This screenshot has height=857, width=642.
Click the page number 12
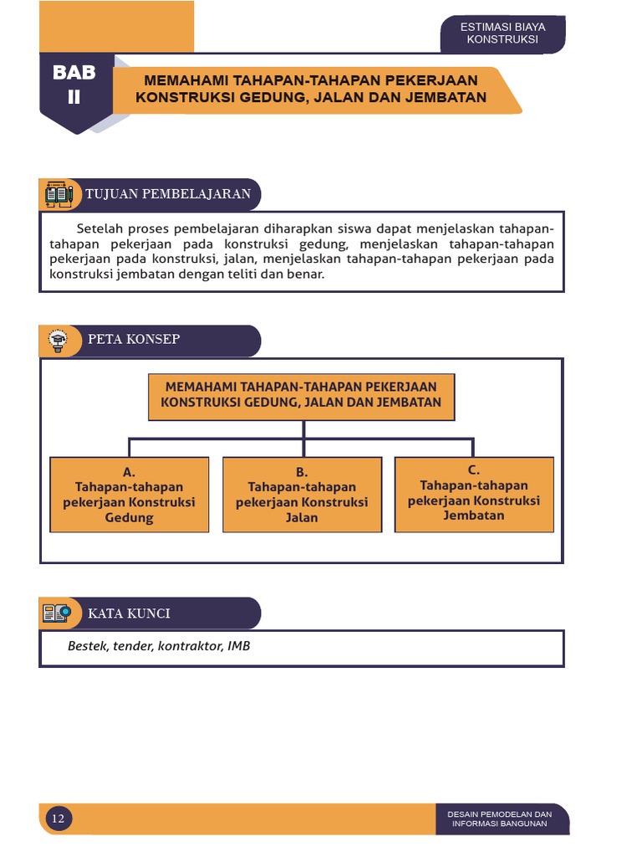click(x=58, y=819)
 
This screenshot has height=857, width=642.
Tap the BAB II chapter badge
click(x=74, y=85)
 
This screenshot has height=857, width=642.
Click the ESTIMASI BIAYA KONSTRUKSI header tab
click(x=502, y=33)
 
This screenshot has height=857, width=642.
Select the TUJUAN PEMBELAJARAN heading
click(x=168, y=194)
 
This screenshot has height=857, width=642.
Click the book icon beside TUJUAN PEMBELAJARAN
click(x=58, y=194)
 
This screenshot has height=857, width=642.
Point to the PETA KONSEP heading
click(x=134, y=339)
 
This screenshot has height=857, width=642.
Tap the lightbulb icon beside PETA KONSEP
click(x=58, y=340)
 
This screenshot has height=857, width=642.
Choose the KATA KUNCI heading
click(x=130, y=613)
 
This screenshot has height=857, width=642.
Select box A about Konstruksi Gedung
click(x=130, y=495)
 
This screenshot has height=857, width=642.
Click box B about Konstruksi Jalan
click(x=302, y=495)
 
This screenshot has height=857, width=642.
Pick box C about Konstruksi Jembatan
click(x=474, y=494)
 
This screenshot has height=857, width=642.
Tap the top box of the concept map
click(x=302, y=397)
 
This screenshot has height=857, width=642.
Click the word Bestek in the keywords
click(x=85, y=646)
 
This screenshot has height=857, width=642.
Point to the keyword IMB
click(x=239, y=646)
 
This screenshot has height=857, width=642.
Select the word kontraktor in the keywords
click(x=191, y=646)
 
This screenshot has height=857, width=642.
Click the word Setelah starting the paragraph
click(x=99, y=228)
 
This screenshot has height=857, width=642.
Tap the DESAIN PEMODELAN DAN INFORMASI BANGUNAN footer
click(x=500, y=819)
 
